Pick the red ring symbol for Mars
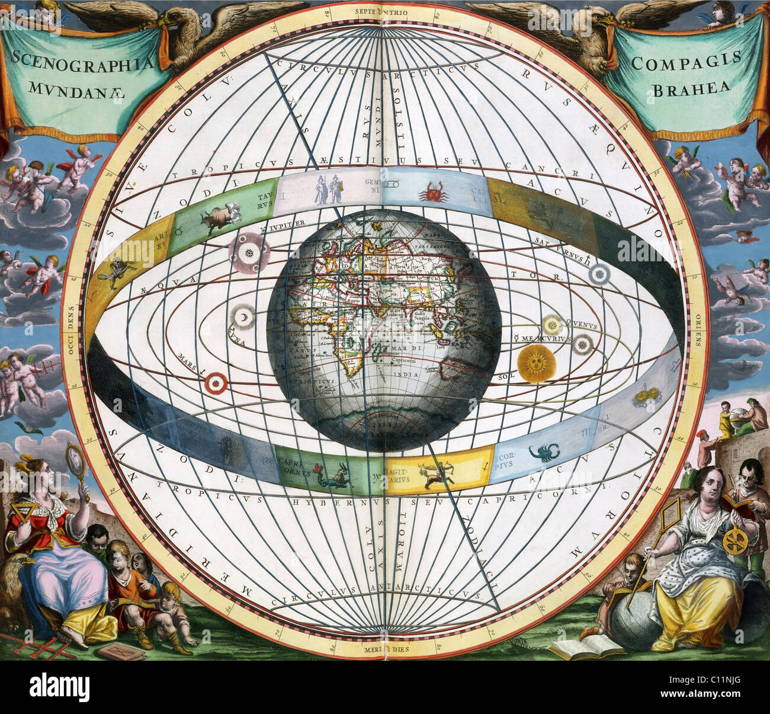tap(216, 383)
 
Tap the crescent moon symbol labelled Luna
tap(243, 319)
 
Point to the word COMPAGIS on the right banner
tap(687, 60)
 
